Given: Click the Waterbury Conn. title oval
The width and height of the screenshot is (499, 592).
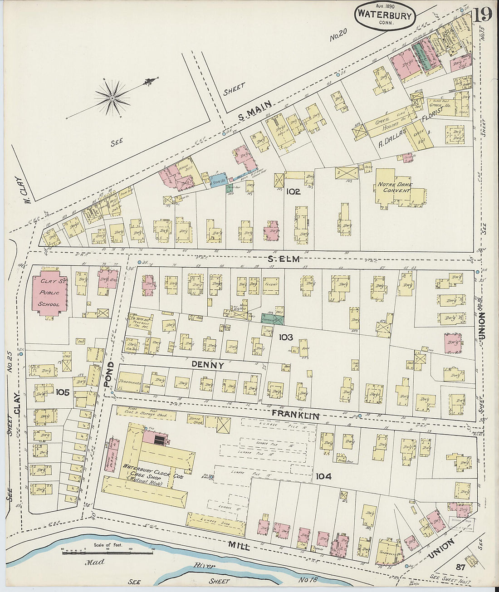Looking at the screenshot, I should point(385,15).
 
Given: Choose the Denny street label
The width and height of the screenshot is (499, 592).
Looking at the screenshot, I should point(208,365).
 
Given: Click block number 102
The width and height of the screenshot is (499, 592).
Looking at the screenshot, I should point(293,192).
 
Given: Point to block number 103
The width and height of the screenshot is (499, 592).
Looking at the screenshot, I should point(286,337).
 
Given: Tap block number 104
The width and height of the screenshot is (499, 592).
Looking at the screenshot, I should point(324,476).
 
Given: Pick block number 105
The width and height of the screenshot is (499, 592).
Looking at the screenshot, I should point(63,392).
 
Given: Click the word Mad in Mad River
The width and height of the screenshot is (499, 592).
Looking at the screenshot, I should point(94,562).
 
